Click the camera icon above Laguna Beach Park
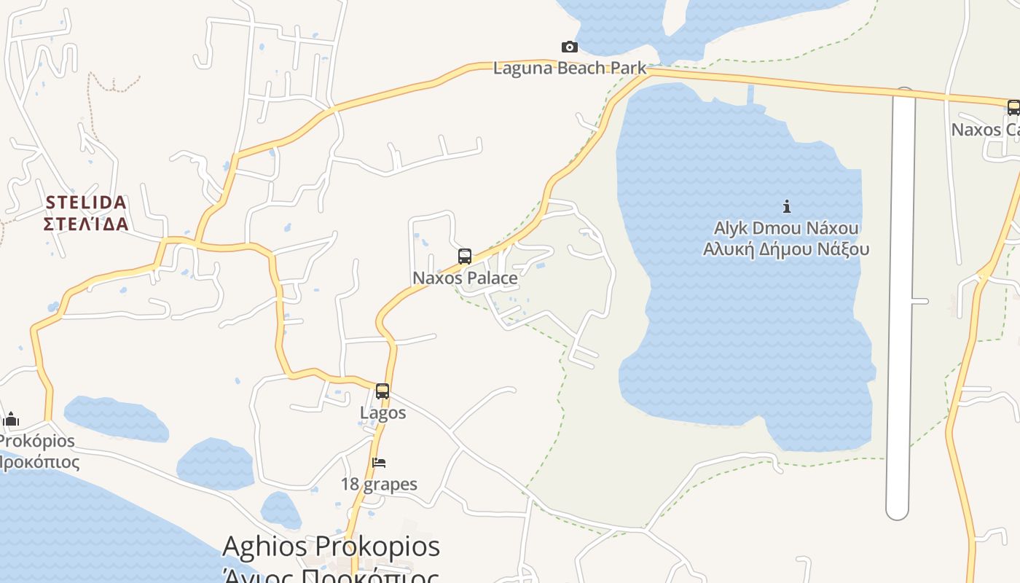[570, 47]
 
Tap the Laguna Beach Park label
[569, 69]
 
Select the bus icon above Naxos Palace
[465, 257]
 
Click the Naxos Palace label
[465, 278]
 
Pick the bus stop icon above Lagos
[382, 391]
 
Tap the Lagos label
[382, 413]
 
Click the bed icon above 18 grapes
[379, 463]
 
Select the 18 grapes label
[379, 485]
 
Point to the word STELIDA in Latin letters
[87, 202]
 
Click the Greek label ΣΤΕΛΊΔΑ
[87, 224]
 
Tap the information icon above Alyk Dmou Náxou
[786, 206]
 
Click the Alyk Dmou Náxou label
[786, 228]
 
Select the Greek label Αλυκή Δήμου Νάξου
[786, 249]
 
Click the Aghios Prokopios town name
[331, 547]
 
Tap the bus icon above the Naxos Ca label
[1013, 108]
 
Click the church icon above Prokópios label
[11, 420]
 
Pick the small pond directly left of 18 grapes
[215, 464]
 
